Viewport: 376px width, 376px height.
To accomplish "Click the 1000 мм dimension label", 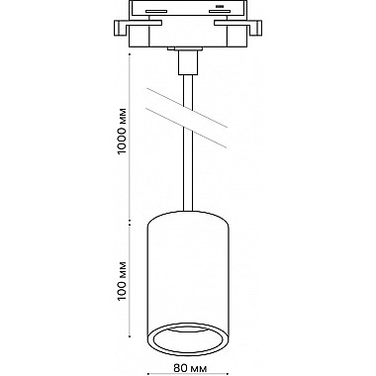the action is [x=123, y=131].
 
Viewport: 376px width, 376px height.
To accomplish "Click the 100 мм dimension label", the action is [x=123, y=281].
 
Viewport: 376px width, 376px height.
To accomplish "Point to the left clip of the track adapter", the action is [x=123, y=28].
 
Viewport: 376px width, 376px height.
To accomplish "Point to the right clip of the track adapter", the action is [x=253, y=28].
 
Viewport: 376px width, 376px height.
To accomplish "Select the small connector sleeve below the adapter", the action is [x=188, y=61].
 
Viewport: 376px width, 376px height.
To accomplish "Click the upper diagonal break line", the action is [x=186, y=108].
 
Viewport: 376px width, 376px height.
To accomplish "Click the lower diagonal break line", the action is [x=186, y=128].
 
